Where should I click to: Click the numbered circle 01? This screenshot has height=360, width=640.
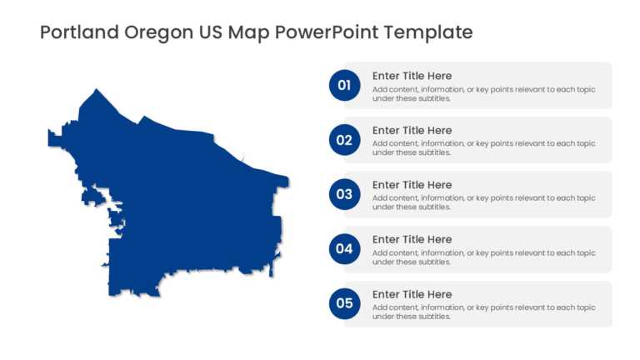click(344, 85)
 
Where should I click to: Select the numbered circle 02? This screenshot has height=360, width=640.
click(344, 140)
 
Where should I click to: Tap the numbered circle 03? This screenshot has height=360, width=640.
click(344, 194)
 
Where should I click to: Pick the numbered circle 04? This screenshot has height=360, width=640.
click(344, 248)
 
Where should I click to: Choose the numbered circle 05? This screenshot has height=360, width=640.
click(344, 303)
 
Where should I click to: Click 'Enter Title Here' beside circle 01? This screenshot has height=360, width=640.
click(412, 76)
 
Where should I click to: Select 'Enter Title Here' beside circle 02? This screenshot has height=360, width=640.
click(412, 130)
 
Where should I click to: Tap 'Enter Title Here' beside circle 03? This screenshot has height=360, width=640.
click(412, 185)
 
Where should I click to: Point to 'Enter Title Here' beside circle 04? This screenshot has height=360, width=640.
click(412, 239)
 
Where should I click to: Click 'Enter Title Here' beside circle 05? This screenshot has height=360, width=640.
click(412, 294)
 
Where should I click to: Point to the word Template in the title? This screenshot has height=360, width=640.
click(429, 33)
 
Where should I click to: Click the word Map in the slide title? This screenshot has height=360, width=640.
click(250, 33)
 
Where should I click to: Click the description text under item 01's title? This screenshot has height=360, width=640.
click(483, 93)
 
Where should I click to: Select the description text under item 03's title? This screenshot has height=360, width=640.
click(483, 202)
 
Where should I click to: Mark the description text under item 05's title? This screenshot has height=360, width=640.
click(483, 312)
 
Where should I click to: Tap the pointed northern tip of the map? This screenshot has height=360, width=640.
click(97, 90)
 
